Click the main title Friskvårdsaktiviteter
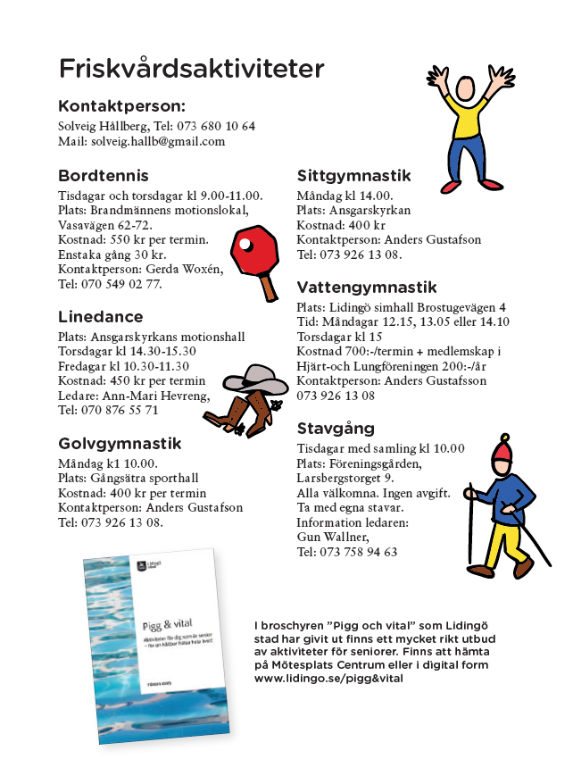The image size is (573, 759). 191,69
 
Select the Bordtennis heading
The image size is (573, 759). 104,175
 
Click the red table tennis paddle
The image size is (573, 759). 253,251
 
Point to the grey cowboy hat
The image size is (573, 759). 254,379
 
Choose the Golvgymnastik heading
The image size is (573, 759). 120,443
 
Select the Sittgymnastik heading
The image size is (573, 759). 353,175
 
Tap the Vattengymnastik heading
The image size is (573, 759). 367,287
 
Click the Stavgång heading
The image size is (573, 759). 336,428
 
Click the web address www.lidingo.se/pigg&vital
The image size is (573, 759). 328,679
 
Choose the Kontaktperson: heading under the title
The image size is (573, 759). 121,105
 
